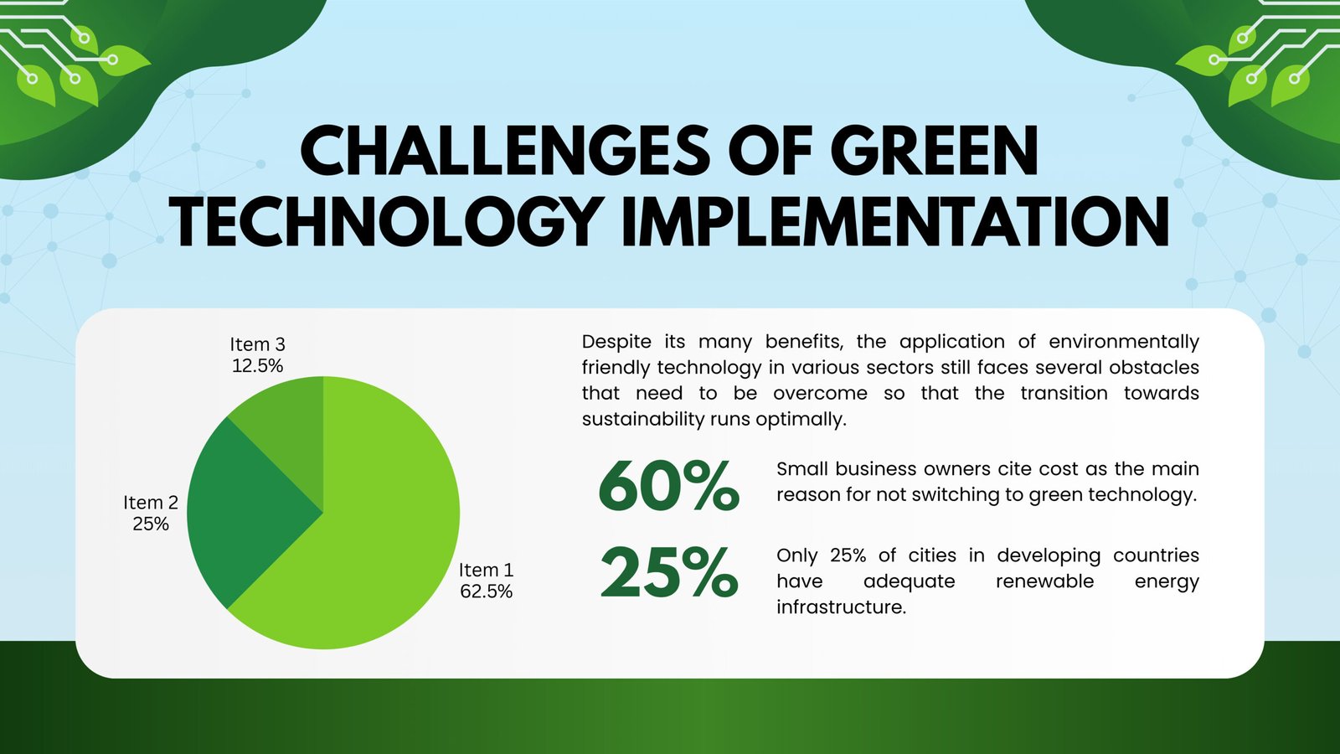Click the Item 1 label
pos(486,571)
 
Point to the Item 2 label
pos(151,503)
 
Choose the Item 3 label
pos(257,344)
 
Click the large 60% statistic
pos(668,486)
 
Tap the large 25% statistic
pos(668,574)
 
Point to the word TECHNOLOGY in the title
pos(384,222)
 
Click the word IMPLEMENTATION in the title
pos(894,222)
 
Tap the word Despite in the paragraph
pos(616,342)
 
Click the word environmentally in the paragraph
pos(1123,342)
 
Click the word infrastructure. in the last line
pos(841,607)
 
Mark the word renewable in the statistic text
pos(1044,581)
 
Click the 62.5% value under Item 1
pos(486,591)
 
